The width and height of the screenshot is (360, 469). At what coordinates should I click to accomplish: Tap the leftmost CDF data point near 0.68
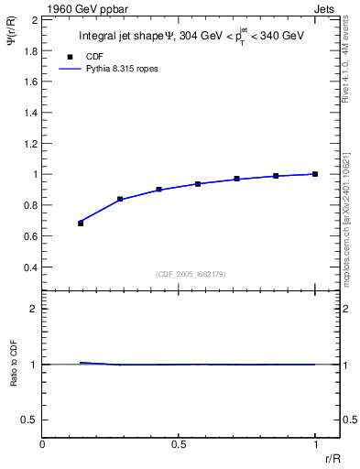pos(81,223)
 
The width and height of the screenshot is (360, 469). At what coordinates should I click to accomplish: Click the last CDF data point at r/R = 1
pos(314,174)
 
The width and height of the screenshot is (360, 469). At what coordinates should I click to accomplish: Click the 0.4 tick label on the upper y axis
pos(31,267)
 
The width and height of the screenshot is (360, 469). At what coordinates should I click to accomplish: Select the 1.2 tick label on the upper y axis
pos(31,143)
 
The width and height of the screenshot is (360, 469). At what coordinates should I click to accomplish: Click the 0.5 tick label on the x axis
pos(178,443)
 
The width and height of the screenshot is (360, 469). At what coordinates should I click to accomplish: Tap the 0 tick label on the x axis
pos(42,443)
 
